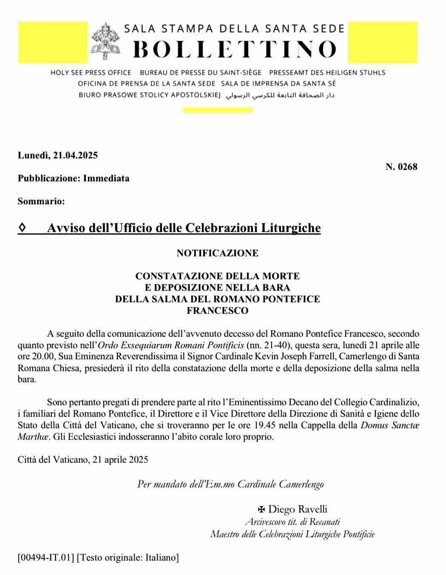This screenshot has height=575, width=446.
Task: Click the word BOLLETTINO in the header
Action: [x=234, y=49]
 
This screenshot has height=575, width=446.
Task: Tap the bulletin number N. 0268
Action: [x=401, y=166]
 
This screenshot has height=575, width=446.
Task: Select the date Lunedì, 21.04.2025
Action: [x=58, y=155]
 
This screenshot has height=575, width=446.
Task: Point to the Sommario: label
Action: [x=41, y=201]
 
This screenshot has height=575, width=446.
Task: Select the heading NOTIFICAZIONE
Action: [x=217, y=253]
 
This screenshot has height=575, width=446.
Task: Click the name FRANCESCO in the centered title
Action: [x=217, y=311]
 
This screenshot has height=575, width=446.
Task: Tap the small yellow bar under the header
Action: [x=217, y=110]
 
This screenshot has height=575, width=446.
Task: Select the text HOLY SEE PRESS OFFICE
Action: [x=91, y=73]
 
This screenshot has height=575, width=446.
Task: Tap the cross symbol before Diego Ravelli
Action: [x=262, y=509]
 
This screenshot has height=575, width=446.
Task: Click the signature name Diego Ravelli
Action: [x=298, y=509]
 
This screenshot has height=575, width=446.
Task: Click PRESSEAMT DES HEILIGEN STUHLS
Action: [x=327, y=73]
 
